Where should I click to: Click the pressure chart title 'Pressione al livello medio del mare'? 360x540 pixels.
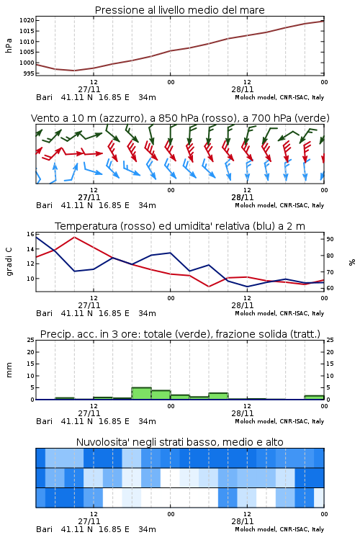179,10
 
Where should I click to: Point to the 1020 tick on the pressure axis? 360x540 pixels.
27,20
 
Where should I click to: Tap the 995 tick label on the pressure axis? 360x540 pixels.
29,73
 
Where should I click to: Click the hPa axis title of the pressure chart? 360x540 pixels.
9,45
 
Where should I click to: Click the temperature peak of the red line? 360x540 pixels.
74,237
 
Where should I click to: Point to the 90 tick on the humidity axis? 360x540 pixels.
330,239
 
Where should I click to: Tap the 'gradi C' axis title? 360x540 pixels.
9,262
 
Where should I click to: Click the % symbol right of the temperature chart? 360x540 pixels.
352,262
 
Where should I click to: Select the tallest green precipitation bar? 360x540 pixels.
142,393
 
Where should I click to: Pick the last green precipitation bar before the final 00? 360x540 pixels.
314,397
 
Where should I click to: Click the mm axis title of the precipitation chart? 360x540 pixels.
9,370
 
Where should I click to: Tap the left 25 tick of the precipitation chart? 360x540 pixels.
31,340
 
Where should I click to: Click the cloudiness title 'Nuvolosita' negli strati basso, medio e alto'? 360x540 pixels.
179,442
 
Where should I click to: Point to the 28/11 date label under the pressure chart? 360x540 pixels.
242,89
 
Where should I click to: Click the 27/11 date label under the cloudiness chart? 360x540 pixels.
89,521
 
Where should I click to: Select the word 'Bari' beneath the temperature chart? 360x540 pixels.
44,313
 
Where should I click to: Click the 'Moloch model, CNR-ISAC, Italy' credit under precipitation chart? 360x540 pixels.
279,421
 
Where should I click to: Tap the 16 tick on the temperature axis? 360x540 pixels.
31,234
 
